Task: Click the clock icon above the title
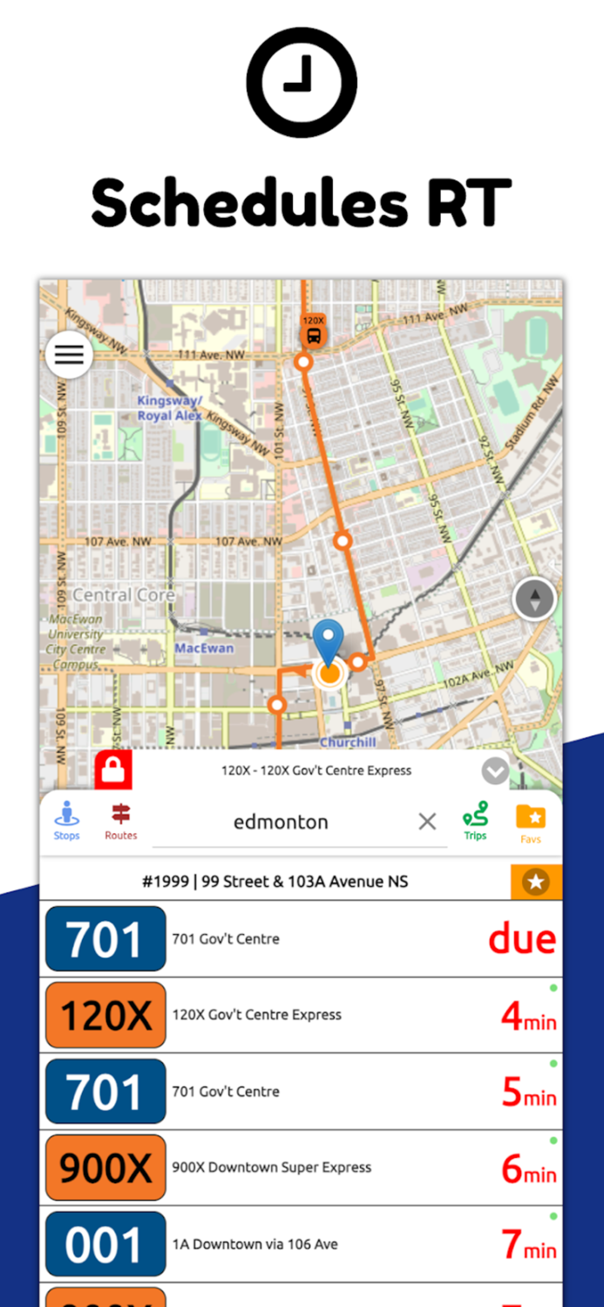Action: (302, 82)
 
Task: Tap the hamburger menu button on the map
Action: (69, 355)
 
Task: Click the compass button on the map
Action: (534, 599)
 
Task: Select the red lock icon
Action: (113, 769)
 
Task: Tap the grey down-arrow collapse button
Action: (495, 771)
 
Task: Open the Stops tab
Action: (66, 821)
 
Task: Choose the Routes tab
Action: (121, 821)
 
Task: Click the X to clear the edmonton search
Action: (427, 821)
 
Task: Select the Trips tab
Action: (475, 821)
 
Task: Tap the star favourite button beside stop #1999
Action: (536, 882)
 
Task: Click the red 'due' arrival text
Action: (522, 938)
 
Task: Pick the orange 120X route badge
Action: (105, 1015)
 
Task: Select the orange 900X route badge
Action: (105, 1168)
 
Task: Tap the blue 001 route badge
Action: (105, 1244)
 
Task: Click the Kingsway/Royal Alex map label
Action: (169, 409)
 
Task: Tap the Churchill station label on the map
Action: (348, 742)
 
